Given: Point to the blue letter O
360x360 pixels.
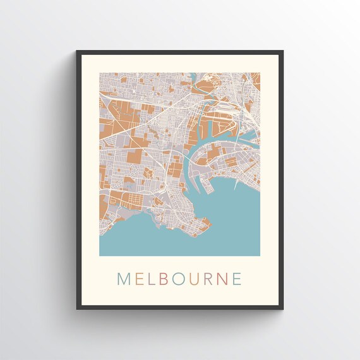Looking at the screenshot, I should (x=179, y=279).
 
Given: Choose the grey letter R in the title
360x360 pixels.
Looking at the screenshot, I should (x=210, y=279).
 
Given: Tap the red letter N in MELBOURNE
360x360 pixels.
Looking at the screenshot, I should (x=223, y=279).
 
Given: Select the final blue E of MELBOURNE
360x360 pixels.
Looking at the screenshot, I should (x=236, y=279).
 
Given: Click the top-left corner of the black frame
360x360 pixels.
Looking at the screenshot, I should (x=77, y=51).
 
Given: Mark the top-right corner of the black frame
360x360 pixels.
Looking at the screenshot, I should (x=282, y=51).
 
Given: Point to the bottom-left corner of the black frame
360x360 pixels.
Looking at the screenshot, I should (x=77, y=309).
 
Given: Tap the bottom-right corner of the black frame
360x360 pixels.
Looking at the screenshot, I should (x=282, y=309).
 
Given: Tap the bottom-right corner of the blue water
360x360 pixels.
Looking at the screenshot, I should (x=259, y=255).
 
